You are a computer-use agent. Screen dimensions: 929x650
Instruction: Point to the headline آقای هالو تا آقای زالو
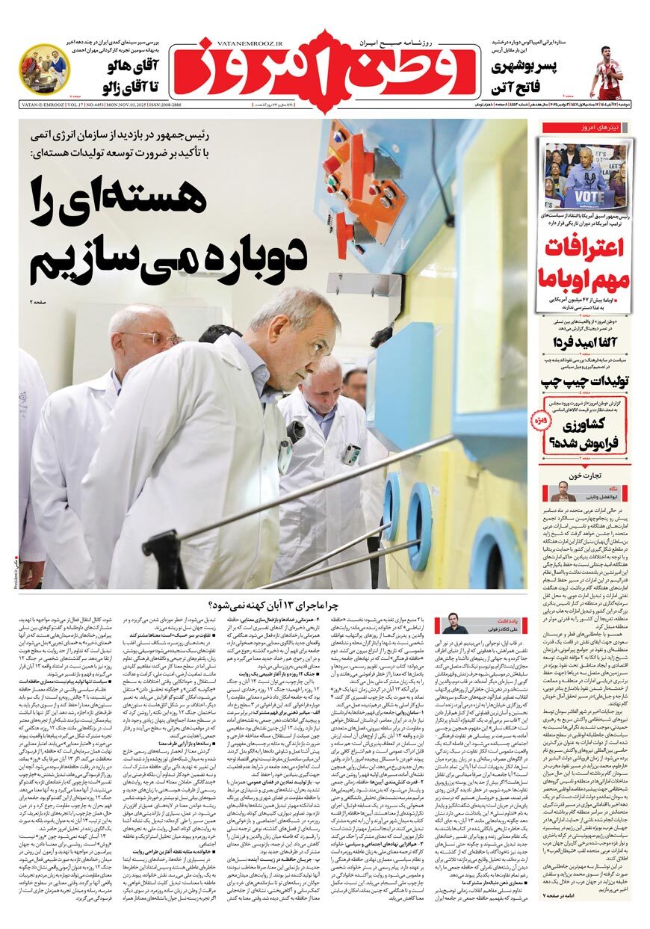121,78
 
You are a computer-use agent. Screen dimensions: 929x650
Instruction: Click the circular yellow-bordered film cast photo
43,69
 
